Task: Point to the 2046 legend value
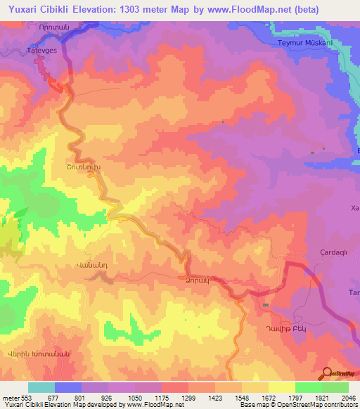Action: [347, 398]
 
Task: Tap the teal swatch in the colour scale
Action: [41, 387]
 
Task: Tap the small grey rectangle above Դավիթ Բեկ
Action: [266, 304]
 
